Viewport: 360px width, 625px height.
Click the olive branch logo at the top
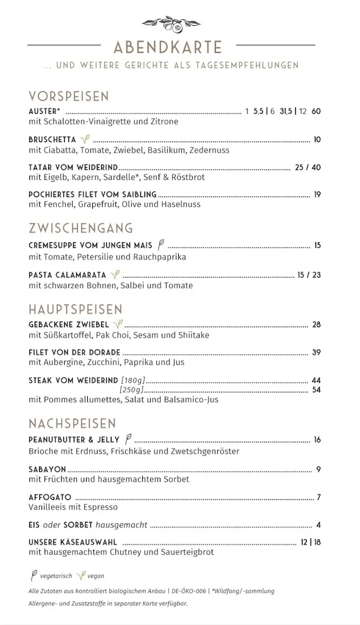point(171,24)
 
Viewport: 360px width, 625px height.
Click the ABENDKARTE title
point(168,47)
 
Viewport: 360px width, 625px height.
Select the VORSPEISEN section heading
point(68,96)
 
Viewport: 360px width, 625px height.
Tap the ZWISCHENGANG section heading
point(81,228)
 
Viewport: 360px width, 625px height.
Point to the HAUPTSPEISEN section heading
point(75,309)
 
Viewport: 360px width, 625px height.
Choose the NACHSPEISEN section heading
point(72,424)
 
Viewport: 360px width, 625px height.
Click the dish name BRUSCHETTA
point(52,140)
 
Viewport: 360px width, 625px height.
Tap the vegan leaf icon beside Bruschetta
point(85,139)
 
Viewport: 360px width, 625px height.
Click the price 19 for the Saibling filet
point(317,195)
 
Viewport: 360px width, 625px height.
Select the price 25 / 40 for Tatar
point(308,167)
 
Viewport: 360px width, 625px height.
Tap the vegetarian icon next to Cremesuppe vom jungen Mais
point(161,245)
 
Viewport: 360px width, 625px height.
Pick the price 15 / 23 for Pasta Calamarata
point(309,275)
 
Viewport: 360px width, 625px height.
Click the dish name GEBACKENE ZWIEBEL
point(68,324)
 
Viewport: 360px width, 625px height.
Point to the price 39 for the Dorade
point(316,352)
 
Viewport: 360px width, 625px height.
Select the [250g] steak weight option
point(131,389)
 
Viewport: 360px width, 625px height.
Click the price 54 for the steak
point(316,389)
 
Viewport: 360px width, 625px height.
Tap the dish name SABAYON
point(47,469)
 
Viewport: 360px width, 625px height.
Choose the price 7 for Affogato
point(319,497)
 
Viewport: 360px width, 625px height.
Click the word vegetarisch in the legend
point(56,576)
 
